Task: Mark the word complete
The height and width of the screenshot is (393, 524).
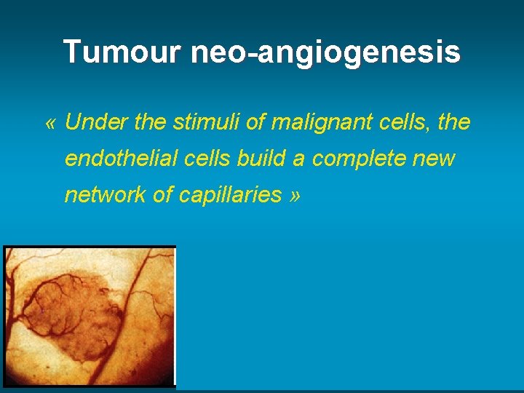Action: pos(360,159)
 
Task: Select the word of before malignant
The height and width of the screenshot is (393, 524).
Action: pos(255,122)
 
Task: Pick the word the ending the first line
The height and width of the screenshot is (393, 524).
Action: pos(455,122)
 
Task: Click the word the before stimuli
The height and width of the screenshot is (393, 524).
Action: pos(151,122)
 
